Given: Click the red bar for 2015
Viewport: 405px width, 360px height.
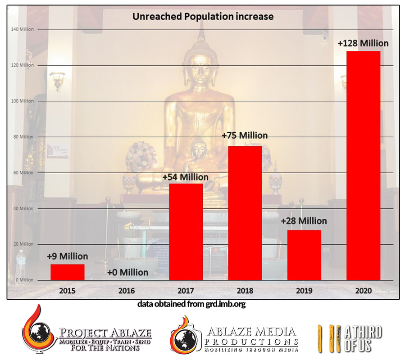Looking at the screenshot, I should (67, 272).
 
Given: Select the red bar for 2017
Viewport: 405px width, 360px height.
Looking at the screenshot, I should (186, 232).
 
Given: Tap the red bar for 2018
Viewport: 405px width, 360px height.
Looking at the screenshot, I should (245, 213).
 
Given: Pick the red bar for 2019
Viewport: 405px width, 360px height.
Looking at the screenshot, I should (304, 255).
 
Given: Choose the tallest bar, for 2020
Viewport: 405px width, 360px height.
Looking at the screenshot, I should (363, 166).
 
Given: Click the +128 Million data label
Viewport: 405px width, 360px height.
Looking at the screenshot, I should (363, 44).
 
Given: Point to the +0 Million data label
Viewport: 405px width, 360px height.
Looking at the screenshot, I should (127, 272).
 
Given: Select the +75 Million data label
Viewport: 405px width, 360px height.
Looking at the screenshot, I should (245, 135).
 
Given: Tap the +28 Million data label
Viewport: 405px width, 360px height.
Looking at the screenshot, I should (304, 221).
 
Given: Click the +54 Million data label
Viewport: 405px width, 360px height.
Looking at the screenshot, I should (186, 177).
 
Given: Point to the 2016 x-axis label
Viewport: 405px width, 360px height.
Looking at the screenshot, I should (126, 291).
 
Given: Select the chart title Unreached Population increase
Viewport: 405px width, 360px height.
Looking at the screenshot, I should (203, 17).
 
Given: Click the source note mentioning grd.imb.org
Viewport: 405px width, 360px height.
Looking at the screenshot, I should (191, 304).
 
